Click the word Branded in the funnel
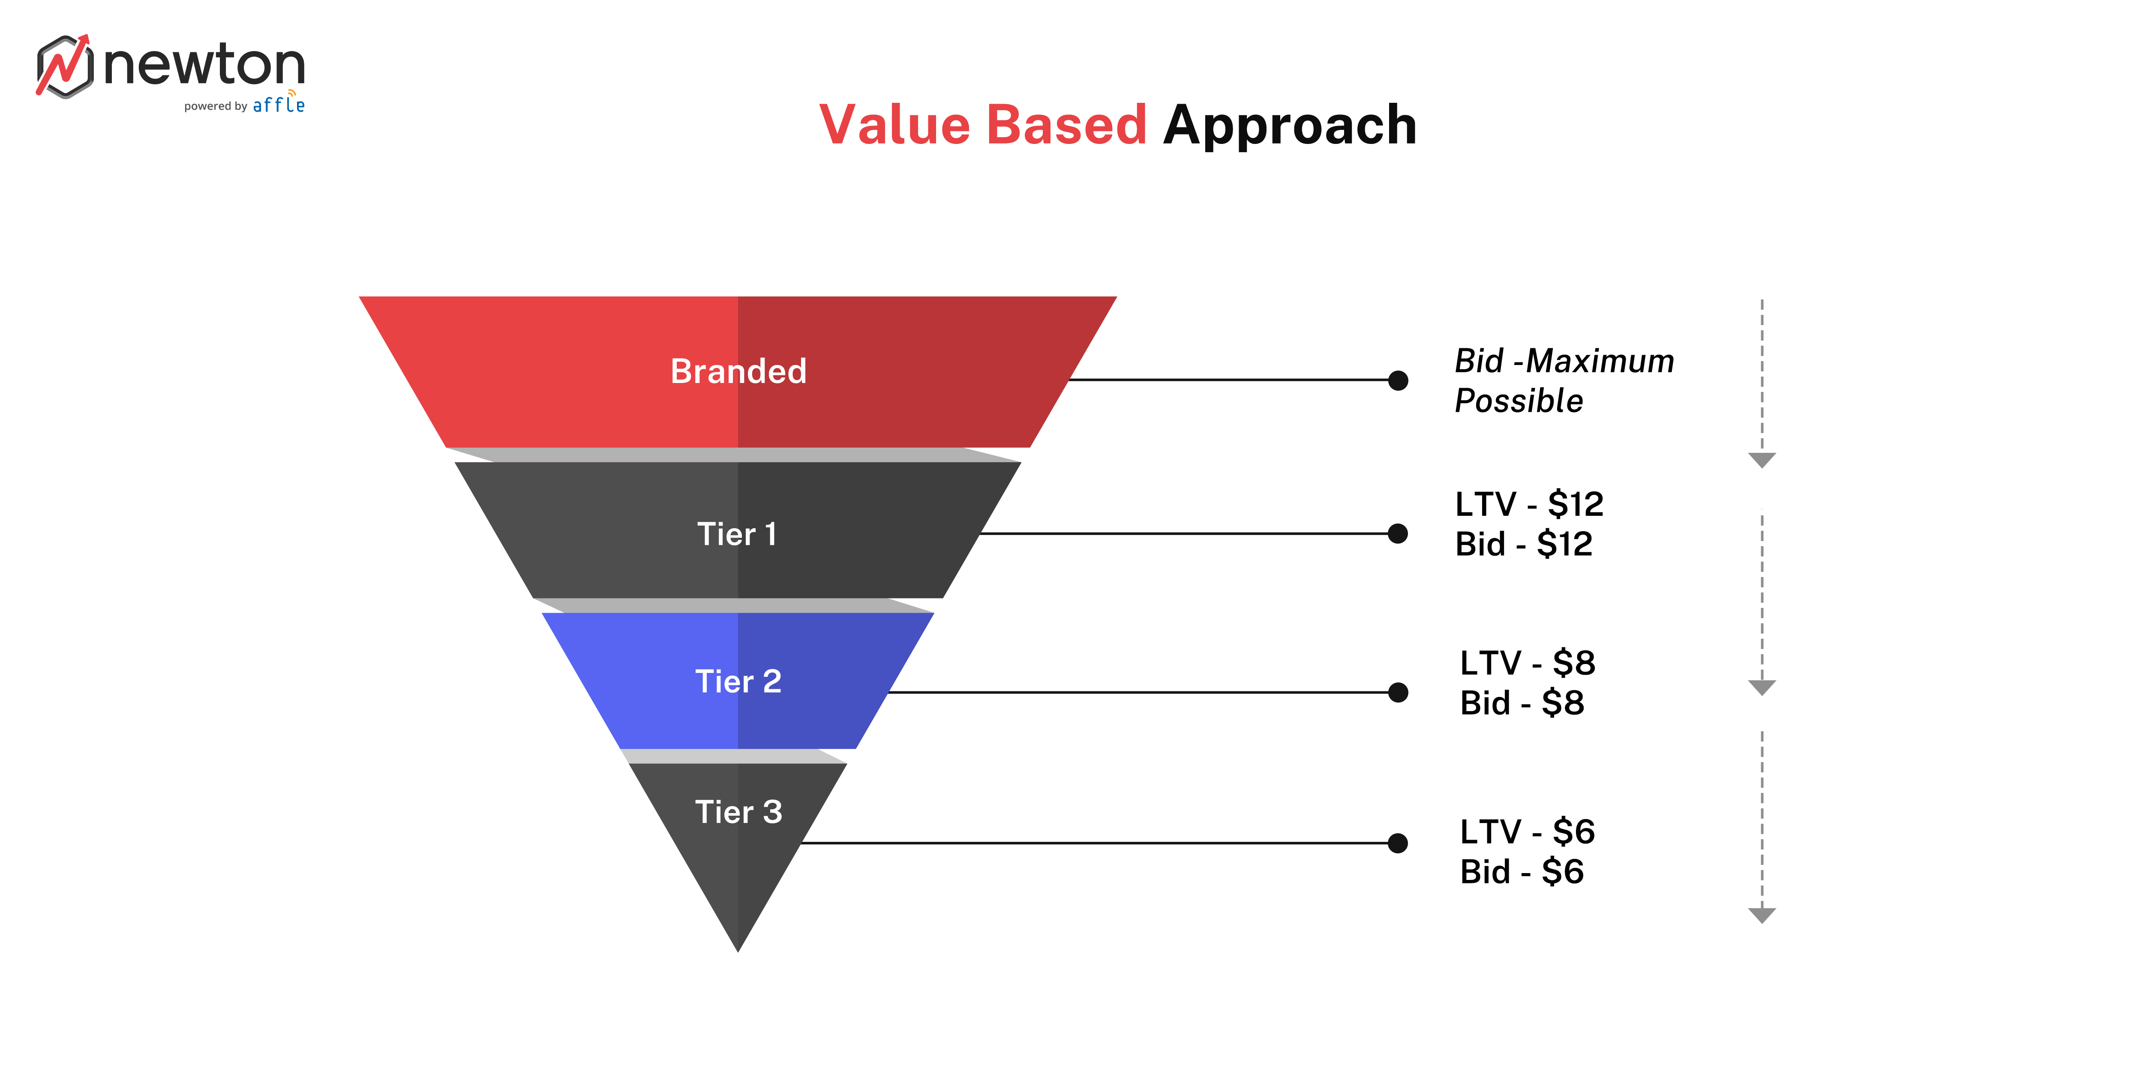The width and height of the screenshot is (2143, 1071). (738, 371)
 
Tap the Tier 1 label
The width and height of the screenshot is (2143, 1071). (737, 534)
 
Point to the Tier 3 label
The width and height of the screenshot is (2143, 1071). (738, 811)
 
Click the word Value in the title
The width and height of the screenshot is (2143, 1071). (894, 126)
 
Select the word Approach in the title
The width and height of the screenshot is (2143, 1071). (1290, 126)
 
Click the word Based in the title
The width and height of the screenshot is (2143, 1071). (1066, 126)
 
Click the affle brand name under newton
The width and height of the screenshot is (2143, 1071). (279, 105)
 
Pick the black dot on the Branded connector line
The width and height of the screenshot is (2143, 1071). (1399, 381)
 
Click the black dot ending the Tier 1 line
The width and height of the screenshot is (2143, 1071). (1399, 534)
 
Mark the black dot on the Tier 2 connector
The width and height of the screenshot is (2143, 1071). (1399, 692)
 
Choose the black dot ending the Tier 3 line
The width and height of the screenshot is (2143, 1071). (1399, 843)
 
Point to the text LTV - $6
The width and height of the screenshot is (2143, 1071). (1528, 832)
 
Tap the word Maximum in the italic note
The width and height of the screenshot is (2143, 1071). (1600, 361)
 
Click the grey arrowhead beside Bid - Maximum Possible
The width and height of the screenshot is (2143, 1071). (1762, 460)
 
